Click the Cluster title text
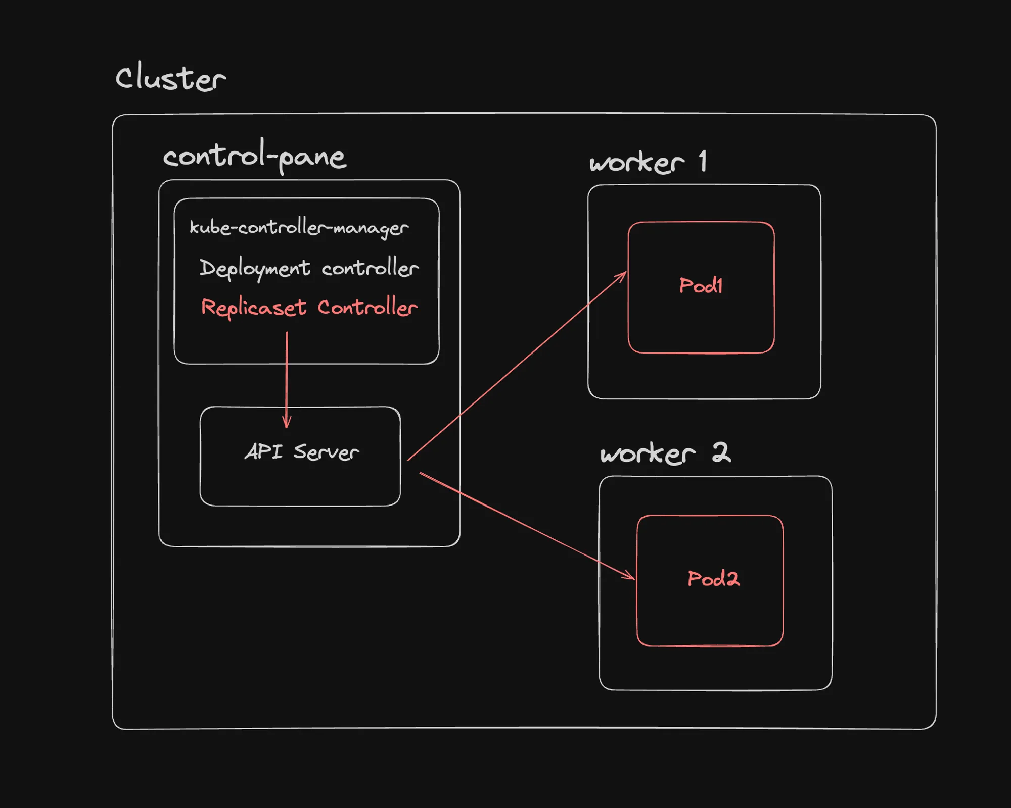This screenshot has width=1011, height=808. (170, 78)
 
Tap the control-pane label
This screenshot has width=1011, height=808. (254, 157)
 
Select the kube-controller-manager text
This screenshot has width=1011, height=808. (299, 228)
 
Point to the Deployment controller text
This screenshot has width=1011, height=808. (309, 268)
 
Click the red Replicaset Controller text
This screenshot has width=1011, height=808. (309, 308)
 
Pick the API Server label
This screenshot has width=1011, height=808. (302, 452)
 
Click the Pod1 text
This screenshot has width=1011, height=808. (701, 286)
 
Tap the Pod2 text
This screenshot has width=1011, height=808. (713, 579)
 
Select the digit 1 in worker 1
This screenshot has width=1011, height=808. (703, 162)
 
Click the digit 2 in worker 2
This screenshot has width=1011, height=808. (721, 452)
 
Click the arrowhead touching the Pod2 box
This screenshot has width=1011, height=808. (630, 576)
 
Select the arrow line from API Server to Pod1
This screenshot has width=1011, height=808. (516, 367)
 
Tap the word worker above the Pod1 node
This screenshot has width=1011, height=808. (636, 163)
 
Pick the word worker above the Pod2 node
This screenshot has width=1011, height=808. (648, 453)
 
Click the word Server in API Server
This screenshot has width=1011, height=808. (326, 452)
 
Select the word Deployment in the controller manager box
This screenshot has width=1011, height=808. (255, 268)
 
